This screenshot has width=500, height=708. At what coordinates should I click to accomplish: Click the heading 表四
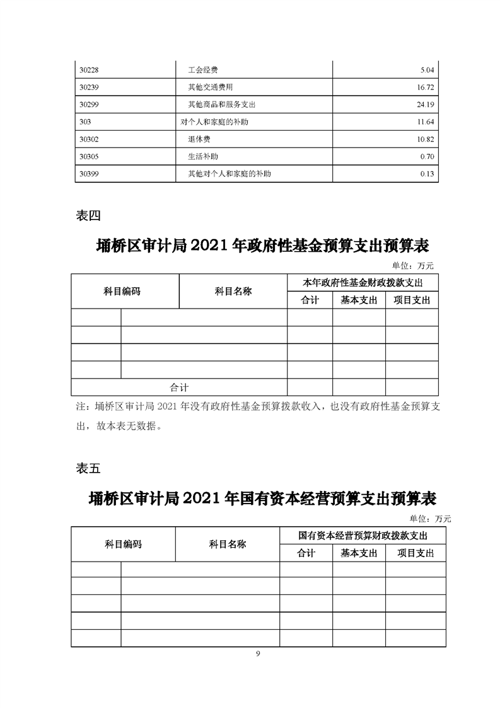tap(88, 216)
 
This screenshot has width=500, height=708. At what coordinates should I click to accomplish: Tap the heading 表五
tap(88, 468)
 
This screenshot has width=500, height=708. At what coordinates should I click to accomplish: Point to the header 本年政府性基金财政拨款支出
tap(363, 283)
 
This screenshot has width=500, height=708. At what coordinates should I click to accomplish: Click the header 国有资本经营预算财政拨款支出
tap(363, 536)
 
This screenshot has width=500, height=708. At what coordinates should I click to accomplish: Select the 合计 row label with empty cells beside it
tap(179, 387)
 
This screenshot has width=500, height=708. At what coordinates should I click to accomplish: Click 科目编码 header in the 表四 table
tap(122, 292)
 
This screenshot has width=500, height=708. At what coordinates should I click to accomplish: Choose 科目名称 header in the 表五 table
tap(227, 544)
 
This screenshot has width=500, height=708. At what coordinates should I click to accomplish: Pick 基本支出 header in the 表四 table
tap(359, 300)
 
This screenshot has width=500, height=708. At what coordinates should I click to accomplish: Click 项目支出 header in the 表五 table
tap(416, 553)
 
